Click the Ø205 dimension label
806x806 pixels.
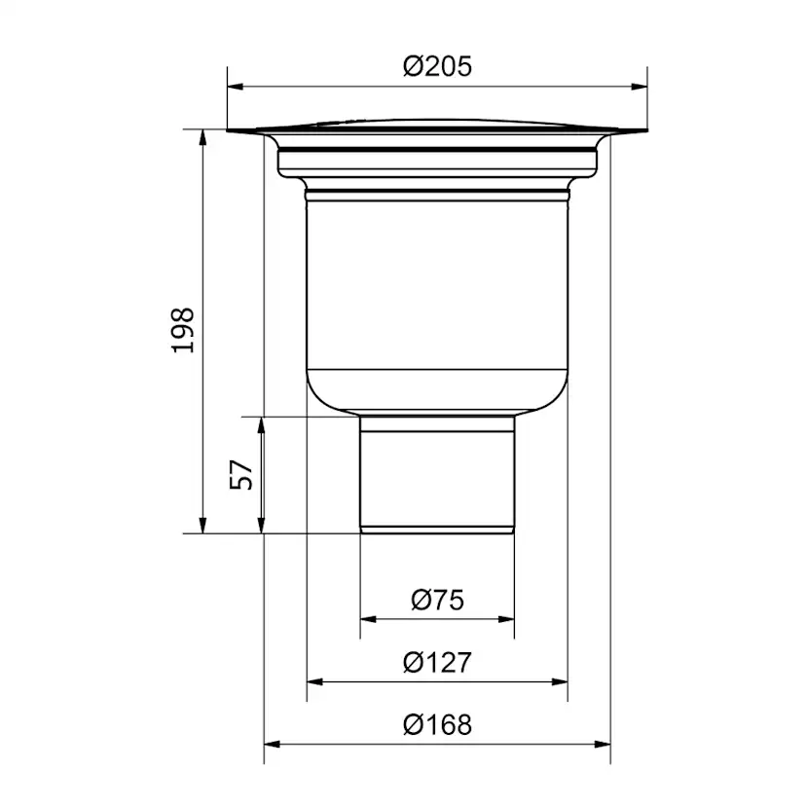click(x=437, y=67)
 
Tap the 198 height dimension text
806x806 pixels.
click(x=183, y=331)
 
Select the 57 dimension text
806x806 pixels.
click(x=241, y=475)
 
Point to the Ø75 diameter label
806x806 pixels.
click(x=437, y=600)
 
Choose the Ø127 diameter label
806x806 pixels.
click(x=437, y=662)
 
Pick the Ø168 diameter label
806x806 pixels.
click(x=437, y=725)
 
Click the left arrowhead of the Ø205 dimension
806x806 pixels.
click(x=235, y=87)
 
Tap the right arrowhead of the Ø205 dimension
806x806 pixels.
click(x=640, y=87)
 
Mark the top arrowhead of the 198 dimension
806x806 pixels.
click(x=203, y=137)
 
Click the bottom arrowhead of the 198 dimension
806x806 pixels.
click(x=203, y=526)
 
